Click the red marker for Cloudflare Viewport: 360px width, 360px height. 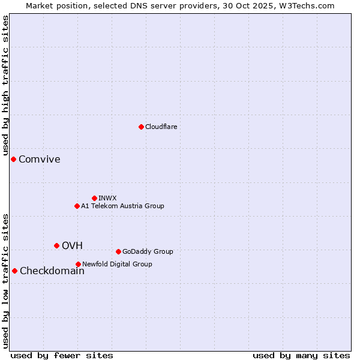click(x=141, y=127)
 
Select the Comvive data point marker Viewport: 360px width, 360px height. click(x=13, y=159)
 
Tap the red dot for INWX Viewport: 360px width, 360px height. click(x=94, y=198)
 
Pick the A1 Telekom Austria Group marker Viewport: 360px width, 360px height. click(x=77, y=206)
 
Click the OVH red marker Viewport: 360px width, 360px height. click(x=56, y=245)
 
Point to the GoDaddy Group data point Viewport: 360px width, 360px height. click(x=118, y=251)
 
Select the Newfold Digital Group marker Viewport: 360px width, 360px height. click(x=78, y=264)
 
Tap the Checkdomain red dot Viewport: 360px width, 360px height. click(x=14, y=271)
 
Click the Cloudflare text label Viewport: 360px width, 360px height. click(x=161, y=127)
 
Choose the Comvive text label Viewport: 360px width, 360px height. click(x=40, y=159)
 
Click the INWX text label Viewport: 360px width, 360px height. click(x=107, y=198)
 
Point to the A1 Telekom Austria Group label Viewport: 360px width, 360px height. click(x=122, y=206)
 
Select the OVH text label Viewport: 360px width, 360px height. click(x=72, y=245)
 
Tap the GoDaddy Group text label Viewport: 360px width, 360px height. click(x=148, y=251)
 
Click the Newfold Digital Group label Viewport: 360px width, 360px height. click(x=117, y=264)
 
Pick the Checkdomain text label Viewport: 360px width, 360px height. click(x=52, y=271)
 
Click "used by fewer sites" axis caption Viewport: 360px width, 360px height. click(x=62, y=355)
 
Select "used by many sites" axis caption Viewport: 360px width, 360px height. click(x=301, y=355)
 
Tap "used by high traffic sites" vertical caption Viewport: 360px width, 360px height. click(x=6, y=86)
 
